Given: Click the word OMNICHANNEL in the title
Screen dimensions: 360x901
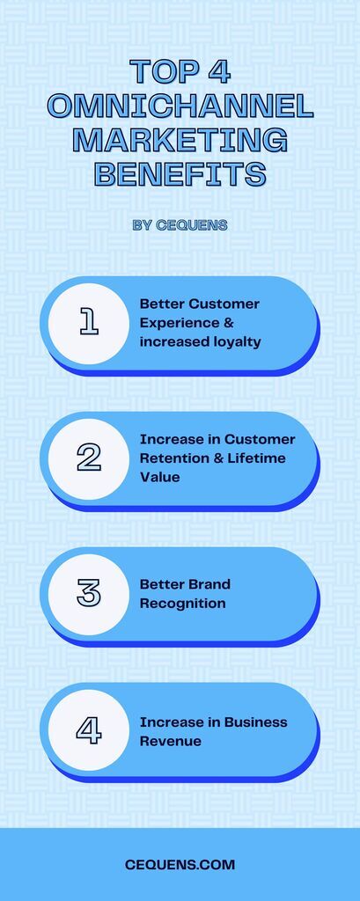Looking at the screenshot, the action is tap(180, 106).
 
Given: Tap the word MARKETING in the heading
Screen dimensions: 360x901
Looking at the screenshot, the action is tap(180, 140).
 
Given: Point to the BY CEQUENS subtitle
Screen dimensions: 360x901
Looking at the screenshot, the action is tap(180, 225).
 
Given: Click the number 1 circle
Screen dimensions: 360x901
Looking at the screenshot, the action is tap(89, 324).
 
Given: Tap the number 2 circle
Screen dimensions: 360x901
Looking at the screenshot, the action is tap(89, 459).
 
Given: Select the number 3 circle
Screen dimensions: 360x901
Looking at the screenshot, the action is tap(89, 595).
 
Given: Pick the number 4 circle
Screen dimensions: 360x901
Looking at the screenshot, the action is tap(89, 730).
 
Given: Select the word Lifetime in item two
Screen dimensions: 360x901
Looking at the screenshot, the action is tap(257, 458).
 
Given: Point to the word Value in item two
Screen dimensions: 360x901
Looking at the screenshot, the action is tap(160, 478).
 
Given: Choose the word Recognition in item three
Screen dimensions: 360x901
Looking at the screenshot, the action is tap(182, 604).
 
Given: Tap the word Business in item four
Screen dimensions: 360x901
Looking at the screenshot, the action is tap(256, 722).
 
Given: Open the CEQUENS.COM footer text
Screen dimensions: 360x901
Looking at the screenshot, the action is tap(180, 864).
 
